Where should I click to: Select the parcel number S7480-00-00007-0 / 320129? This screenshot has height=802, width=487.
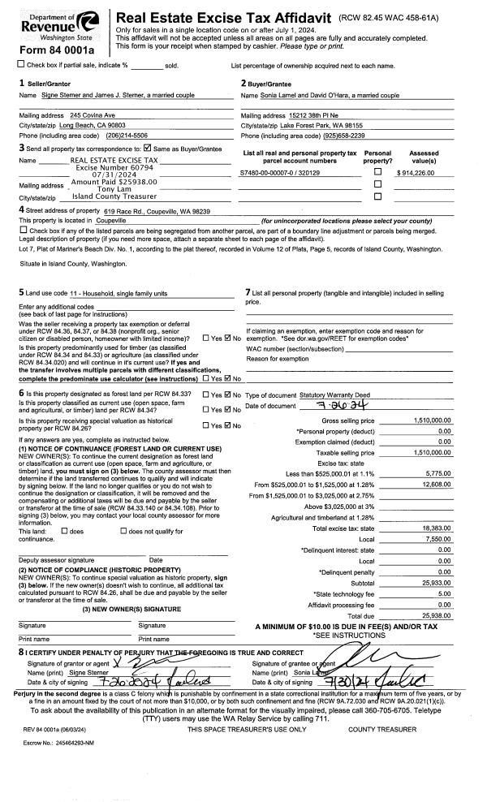(x=279, y=173)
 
